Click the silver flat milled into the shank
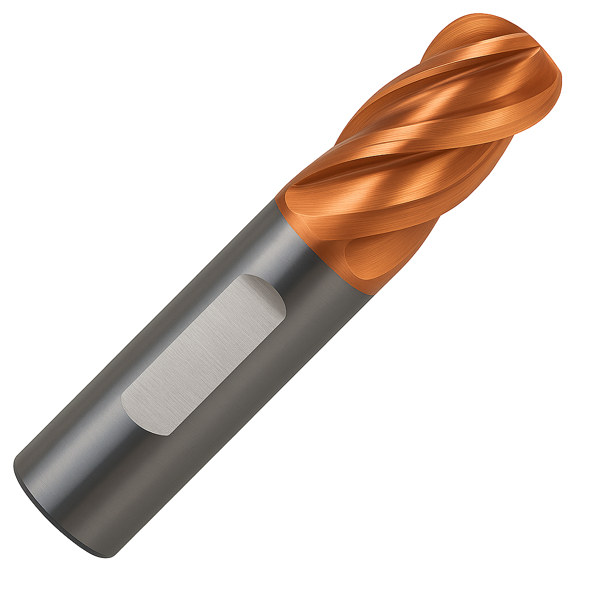coord(204,354)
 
